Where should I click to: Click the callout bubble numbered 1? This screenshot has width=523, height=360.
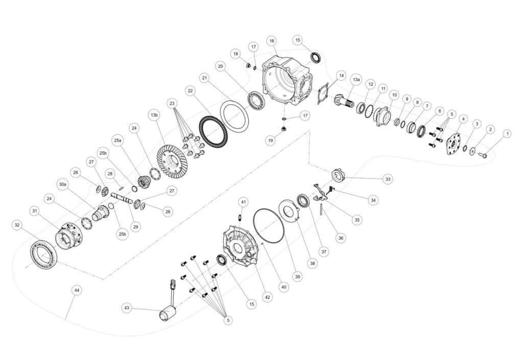click(x=507, y=134)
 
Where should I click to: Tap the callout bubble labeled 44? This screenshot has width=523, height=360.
click(x=77, y=291)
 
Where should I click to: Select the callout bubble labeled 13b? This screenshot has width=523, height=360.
click(x=154, y=115)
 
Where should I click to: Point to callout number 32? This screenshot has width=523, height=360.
click(x=17, y=225)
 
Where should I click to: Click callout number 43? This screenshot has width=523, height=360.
click(x=127, y=308)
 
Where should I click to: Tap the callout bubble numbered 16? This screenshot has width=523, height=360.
click(x=272, y=41)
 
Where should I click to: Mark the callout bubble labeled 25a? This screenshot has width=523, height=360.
click(x=118, y=140)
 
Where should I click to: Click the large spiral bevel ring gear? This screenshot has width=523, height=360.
click(x=172, y=162)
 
